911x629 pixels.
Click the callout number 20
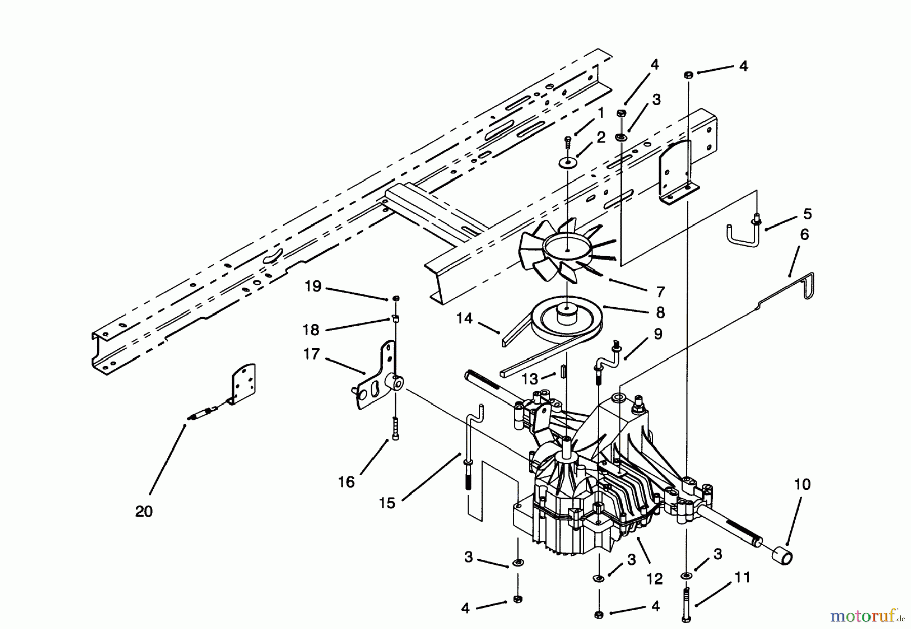(x=144, y=511)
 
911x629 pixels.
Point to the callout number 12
(x=654, y=578)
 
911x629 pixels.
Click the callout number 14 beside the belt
(x=464, y=318)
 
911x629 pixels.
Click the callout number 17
(x=312, y=353)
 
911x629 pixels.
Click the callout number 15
(x=387, y=503)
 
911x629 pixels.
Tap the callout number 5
(x=807, y=214)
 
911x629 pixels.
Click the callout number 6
(x=804, y=235)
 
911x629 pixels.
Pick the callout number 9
(x=657, y=334)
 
